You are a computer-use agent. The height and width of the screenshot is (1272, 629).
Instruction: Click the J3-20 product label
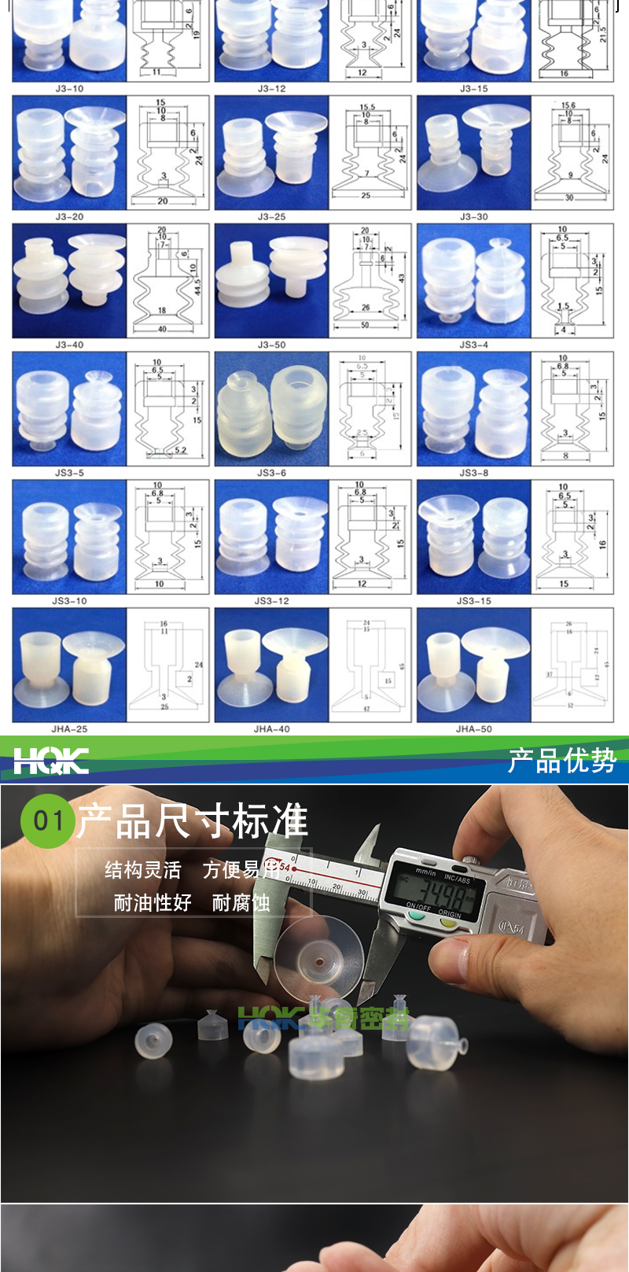click(69, 216)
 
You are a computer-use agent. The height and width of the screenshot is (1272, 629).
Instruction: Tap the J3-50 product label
click(271, 345)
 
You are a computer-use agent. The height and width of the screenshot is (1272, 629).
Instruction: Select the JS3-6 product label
click(271, 473)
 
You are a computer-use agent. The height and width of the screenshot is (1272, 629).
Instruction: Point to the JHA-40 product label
click(271, 729)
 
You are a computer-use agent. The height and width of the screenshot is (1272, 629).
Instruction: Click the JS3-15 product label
click(473, 601)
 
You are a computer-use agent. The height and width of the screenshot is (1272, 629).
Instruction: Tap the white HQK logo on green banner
click(51, 761)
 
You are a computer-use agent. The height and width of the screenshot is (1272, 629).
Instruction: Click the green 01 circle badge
click(47, 821)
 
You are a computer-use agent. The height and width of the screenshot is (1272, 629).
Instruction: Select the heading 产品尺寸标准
click(193, 821)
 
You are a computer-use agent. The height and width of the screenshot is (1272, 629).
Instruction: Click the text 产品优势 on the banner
click(561, 761)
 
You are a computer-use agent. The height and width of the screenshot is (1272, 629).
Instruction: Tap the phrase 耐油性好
click(153, 903)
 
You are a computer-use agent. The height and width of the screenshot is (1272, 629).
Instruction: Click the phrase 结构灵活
click(143, 870)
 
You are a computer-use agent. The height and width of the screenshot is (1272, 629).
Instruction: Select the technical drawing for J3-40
click(168, 281)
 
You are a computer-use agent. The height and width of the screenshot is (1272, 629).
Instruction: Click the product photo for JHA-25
click(69, 665)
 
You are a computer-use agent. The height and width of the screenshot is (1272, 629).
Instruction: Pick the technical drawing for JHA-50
click(572, 665)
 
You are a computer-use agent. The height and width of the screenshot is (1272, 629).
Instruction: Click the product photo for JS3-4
click(474, 281)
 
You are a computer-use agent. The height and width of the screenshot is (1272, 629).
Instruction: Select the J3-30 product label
click(473, 216)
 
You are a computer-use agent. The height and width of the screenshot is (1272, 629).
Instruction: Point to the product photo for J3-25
click(271, 153)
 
